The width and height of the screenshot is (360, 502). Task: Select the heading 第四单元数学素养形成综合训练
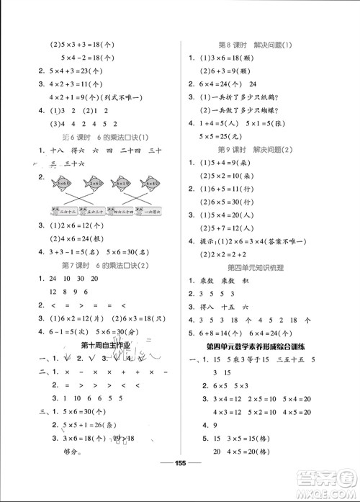pos(268,346)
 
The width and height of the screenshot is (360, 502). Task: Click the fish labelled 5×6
pos(63,184)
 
